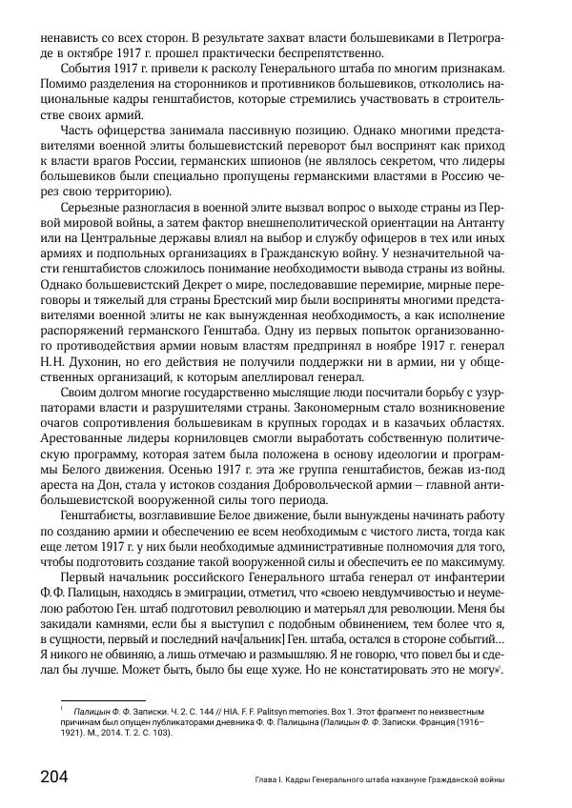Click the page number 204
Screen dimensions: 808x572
point(48,776)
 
